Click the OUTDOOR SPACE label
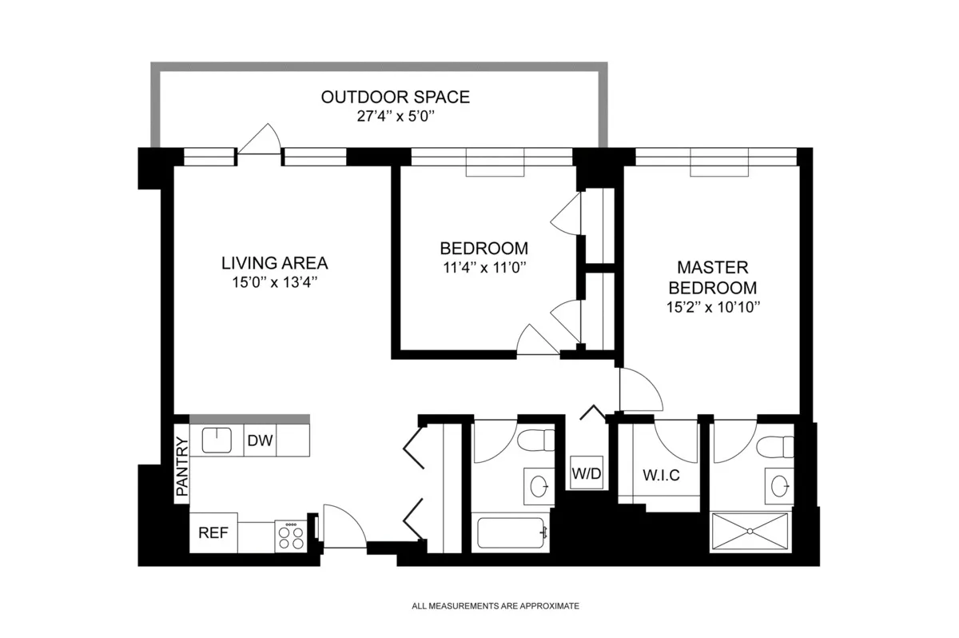tap(395, 98)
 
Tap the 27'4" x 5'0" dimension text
tap(395, 117)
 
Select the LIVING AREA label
tap(274, 263)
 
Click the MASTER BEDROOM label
tap(712, 277)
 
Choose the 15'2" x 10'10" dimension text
tap(712, 306)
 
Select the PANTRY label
tap(182, 468)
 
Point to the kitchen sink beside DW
tap(216, 441)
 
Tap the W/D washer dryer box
tap(585, 473)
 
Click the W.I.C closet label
tap(660, 476)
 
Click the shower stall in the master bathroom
tap(751, 530)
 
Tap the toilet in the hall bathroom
tap(537, 440)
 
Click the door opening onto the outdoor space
tap(260, 142)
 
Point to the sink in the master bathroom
tap(778, 484)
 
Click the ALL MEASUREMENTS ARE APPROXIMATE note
tap(495, 606)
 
